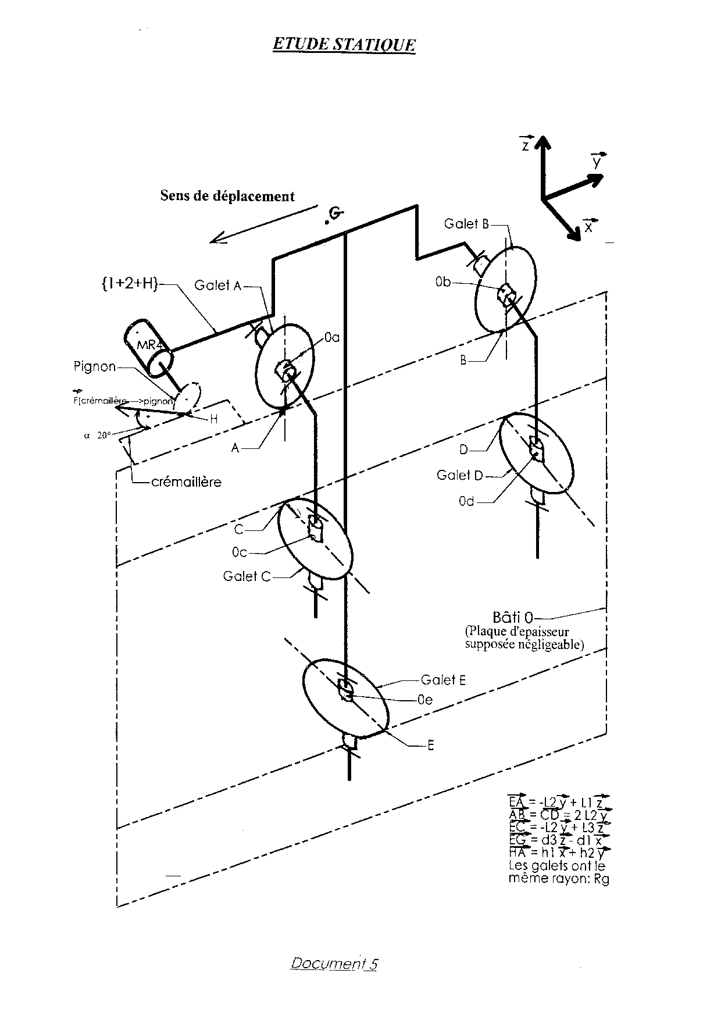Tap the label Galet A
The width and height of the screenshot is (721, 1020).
pos(217,286)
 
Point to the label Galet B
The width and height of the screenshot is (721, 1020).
pos(466,224)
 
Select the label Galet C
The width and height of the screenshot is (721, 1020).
pos(247,576)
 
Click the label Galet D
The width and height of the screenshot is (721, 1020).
pos(460,475)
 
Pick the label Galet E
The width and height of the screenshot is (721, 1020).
pos(443,680)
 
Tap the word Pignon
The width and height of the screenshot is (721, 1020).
pos(95,367)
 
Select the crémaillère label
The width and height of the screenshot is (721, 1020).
pos(186,482)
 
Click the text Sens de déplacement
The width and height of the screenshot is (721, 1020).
pos(227,196)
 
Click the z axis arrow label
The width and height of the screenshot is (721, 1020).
pos(526,145)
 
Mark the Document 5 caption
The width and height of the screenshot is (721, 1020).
pos(334,964)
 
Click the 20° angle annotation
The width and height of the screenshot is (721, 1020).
pos(103,434)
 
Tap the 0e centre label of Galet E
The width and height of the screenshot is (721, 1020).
pos(425,700)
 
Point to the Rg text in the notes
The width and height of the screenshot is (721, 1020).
pos(601,879)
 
